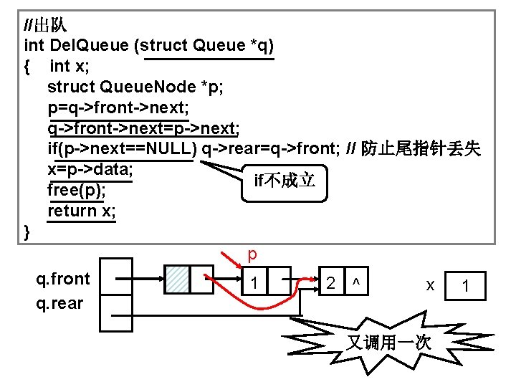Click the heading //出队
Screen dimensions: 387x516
coord(45,26)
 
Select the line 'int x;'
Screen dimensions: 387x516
coord(69,67)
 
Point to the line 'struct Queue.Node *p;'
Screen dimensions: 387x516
coord(135,87)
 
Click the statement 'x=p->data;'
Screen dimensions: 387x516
coord(91,170)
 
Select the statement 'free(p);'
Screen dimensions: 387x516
coord(77,191)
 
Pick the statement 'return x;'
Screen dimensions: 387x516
coord(82,211)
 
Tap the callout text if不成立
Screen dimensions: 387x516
coord(285,181)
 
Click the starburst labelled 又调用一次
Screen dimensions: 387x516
coord(389,341)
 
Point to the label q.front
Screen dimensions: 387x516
coord(63,278)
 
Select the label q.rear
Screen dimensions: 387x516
coord(59,303)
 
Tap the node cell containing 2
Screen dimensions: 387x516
coord(330,282)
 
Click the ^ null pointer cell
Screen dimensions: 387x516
coord(354,282)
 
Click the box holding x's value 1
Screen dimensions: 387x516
coord(466,286)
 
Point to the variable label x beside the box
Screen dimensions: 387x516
coord(430,285)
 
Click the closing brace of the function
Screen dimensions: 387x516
coord(27,231)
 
